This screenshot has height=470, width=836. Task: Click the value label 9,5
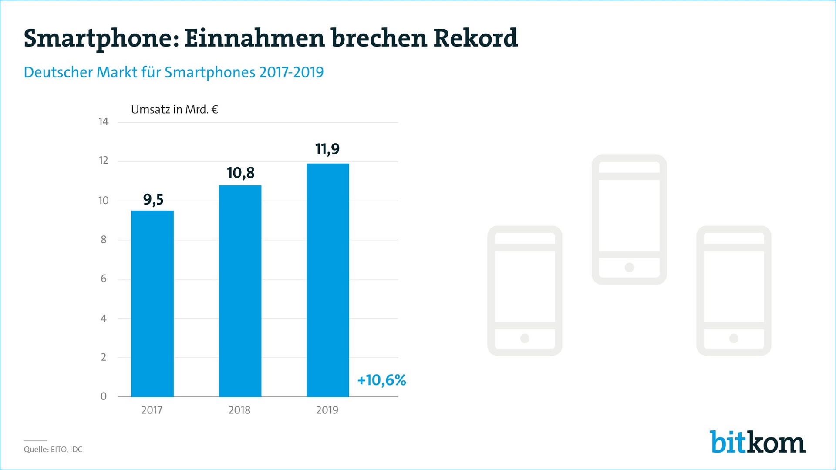[153, 200]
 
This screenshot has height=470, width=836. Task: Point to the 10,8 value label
[240, 173]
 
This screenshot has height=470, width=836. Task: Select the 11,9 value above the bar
[327, 149]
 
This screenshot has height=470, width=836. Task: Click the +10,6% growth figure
[381, 380]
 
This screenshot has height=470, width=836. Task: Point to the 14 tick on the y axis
[103, 122]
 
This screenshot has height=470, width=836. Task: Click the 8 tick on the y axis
[104, 240]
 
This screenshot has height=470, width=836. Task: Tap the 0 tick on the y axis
[104, 396]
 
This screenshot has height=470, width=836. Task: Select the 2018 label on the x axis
[239, 410]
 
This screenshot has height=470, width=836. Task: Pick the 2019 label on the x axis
[327, 410]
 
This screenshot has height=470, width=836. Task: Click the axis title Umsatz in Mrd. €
[174, 110]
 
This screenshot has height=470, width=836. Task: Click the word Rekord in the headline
[475, 38]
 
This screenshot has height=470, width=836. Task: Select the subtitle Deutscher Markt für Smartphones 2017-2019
[174, 72]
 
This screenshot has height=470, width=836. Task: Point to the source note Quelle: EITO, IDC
[53, 450]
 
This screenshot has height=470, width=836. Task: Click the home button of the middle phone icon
[629, 267]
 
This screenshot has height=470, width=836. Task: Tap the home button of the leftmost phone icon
[525, 338]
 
